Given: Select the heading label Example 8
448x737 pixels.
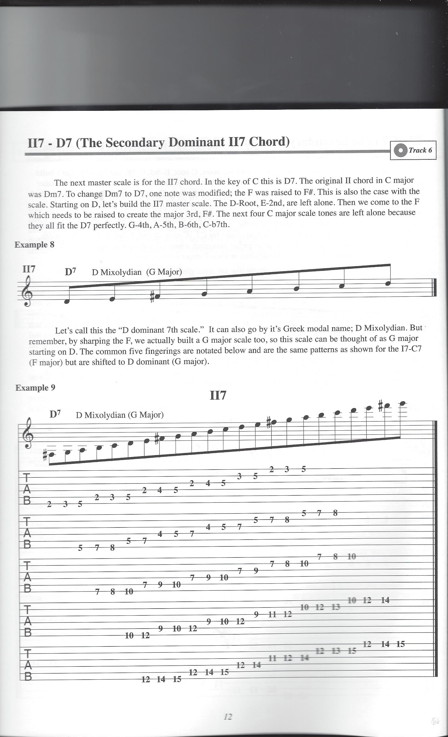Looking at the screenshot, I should click(x=35, y=245).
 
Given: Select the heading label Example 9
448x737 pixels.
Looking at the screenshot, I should click(x=35, y=388).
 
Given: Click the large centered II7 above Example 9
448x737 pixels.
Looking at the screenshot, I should click(x=218, y=395).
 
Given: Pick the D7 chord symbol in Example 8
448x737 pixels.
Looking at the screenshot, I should click(x=70, y=272).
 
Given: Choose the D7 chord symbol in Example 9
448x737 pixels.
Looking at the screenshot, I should click(x=55, y=414).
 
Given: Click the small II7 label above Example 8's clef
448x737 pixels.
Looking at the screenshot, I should click(x=29, y=269).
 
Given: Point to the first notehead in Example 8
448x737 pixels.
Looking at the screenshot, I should click(x=67, y=301).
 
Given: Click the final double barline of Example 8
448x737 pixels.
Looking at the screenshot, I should click(x=435, y=287).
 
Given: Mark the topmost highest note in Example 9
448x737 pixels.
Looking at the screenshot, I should click(x=402, y=404).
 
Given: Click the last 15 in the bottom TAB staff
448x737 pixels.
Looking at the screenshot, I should click(x=400, y=644).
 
